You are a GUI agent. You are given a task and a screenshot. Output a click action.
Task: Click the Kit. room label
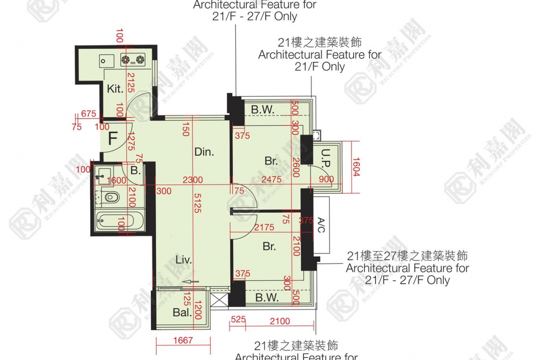tap(115, 89)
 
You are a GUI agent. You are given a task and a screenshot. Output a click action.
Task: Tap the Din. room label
tap(204, 152)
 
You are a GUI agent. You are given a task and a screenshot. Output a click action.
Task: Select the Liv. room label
tap(184, 260)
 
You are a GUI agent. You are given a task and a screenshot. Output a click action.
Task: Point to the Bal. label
tap(182, 313)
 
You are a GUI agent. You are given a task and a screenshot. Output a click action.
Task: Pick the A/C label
tap(321, 225)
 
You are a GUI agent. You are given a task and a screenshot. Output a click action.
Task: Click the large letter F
tap(112, 138)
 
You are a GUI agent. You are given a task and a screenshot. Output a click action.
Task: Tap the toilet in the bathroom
tap(111, 198)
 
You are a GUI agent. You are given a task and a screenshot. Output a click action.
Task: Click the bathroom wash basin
tap(103, 174)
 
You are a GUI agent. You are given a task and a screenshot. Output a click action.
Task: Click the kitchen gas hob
tap(133, 59)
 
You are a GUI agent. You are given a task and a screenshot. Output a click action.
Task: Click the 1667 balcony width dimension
tap(184, 340)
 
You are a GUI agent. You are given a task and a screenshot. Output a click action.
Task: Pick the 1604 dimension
tap(356, 167)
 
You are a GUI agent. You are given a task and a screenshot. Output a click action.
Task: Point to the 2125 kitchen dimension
tap(131, 83)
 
